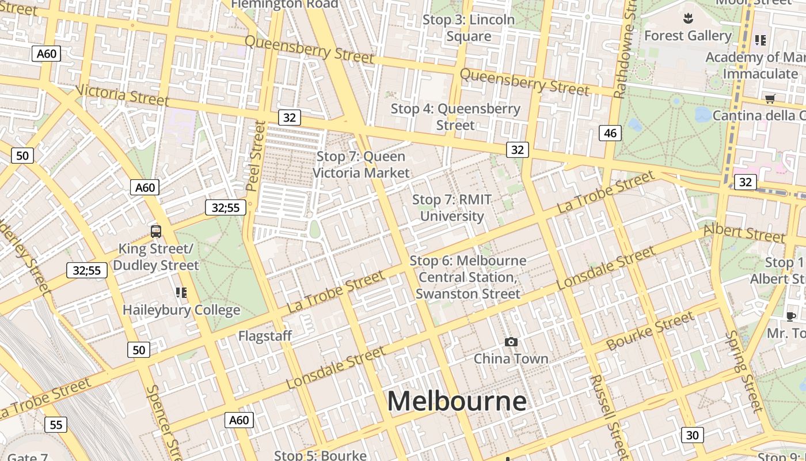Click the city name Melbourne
coord(457,401)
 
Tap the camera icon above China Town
coord(511,342)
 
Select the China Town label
coord(511,358)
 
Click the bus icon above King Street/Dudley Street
coord(156,232)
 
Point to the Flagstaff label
coord(265,335)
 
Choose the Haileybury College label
coord(181,310)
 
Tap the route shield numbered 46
coord(610,133)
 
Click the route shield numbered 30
coord(692,434)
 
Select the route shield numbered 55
coord(56,425)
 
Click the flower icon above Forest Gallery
coord(687,18)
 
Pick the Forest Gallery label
coord(687,36)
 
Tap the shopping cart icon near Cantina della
coord(770,99)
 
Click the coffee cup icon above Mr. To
coord(791,316)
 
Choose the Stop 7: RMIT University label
coord(452,208)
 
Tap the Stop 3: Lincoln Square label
coord(469,28)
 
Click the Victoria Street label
coord(123,96)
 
